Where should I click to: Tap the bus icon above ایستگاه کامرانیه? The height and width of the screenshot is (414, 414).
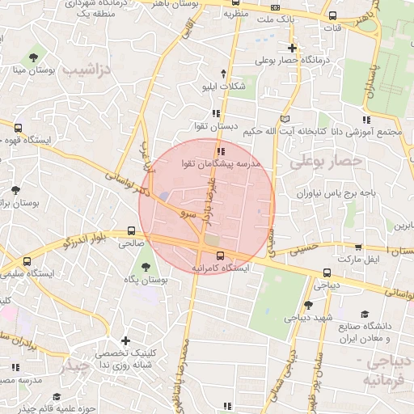pos(221,255)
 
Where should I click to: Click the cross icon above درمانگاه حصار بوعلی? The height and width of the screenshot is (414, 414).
pos(292,48)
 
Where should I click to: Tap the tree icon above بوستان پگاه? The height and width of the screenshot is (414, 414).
pos(146,267)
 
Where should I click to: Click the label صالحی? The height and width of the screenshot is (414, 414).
pos(132,242)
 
